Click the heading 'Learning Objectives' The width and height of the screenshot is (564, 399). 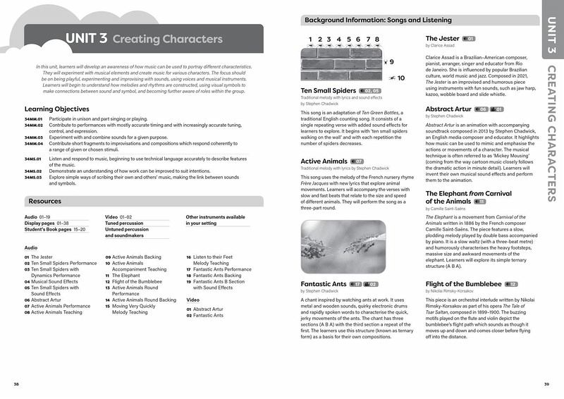point(56,109)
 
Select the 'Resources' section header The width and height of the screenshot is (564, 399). point(45,201)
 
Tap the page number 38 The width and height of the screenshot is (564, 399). point(16,383)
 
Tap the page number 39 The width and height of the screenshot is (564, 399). point(546,383)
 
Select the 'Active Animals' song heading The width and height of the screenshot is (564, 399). point(324,161)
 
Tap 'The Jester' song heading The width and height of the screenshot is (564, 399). point(443,38)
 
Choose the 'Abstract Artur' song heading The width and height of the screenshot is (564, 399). point(449,109)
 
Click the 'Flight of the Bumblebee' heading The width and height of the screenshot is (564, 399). point(464,284)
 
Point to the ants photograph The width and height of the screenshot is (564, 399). point(343,247)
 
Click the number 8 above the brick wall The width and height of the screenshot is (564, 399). point(378,39)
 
